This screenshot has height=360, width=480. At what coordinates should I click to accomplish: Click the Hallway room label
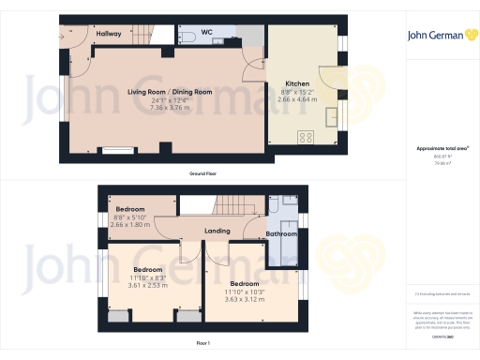[x=109, y=34]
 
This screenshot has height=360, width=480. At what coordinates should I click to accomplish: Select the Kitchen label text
[x=300, y=82]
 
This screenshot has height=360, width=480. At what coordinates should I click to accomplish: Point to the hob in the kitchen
[x=307, y=137]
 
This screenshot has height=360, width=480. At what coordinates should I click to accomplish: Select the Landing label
[x=217, y=231]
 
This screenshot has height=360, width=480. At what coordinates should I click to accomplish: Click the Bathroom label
[x=281, y=233]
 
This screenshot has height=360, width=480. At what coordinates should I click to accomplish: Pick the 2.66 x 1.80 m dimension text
[x=129, y=225]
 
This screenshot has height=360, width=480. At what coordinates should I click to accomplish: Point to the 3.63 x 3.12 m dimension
[x=245, y=299]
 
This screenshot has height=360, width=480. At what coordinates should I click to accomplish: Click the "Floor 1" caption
[x=203, y=344]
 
